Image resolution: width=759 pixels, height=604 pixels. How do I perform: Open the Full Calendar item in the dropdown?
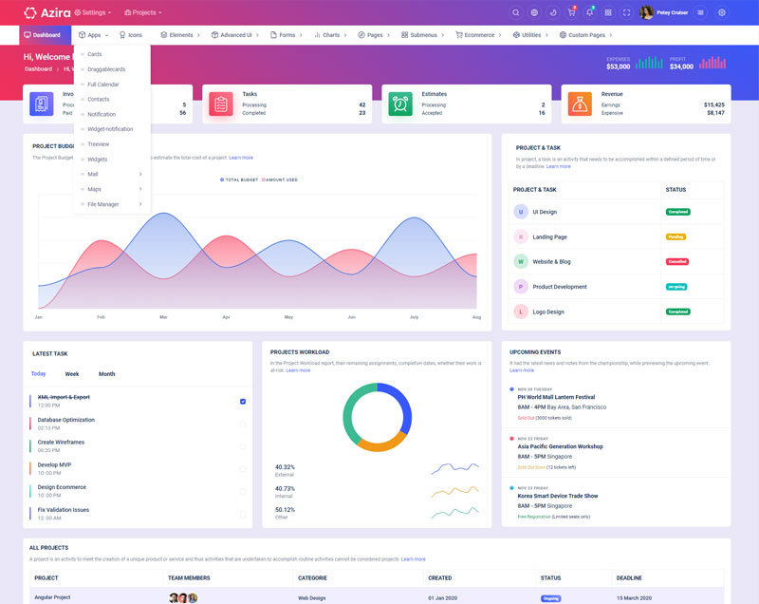click(x=103, y=84)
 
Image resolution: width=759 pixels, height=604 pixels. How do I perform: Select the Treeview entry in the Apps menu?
click(x=99, y=143)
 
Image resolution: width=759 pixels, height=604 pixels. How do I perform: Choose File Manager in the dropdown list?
click(x=103, y=204)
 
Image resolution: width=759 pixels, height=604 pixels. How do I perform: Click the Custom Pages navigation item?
click(x=584, y=35)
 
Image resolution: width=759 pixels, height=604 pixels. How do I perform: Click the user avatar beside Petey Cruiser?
click(x=646, y=12)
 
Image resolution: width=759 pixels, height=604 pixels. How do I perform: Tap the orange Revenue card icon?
click(x=580, y=104)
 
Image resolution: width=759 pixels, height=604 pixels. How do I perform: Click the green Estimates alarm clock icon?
click(x=400, y=104)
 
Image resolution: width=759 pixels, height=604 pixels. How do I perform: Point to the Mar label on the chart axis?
click(x=163, y=316)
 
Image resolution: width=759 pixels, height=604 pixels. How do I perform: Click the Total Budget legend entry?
click(x=239, y=179)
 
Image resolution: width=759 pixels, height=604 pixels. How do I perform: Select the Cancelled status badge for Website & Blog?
click(x=677, y=261)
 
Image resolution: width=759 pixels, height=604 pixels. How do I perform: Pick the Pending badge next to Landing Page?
click(x=676, y=236)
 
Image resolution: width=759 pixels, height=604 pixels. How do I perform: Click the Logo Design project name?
click(x=548, y=311)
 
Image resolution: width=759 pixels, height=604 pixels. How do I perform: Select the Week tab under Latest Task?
click(x=72, y=374)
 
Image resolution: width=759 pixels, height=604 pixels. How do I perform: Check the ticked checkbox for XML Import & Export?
click(x=243, y=402)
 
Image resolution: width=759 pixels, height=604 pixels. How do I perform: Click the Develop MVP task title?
click(x=54, y=464)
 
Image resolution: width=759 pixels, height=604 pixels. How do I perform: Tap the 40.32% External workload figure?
click(x=285, y=467)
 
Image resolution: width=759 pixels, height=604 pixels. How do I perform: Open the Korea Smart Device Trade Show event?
click(x=558, y=496)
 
